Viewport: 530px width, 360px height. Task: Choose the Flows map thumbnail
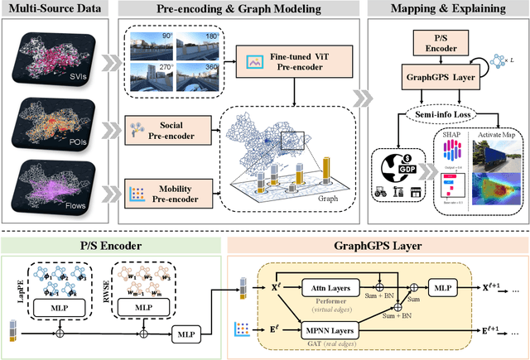coord(55,190)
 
